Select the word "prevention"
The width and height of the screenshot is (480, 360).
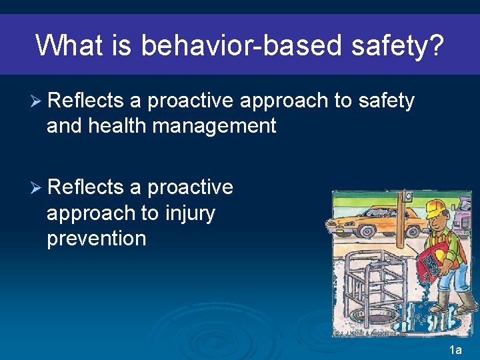click(x=96, y=239)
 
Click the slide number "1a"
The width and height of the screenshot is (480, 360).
click(x=456, y=350)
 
